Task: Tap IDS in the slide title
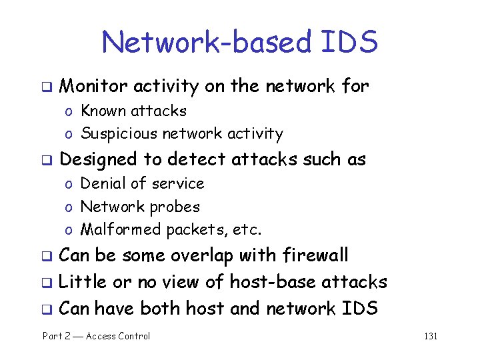tap(348, 43)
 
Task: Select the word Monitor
tap(93, 86)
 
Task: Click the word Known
tap(103, 111)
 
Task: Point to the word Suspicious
tap(117, 134)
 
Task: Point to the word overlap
tap(201, 255)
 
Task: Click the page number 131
tap(431, 336)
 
